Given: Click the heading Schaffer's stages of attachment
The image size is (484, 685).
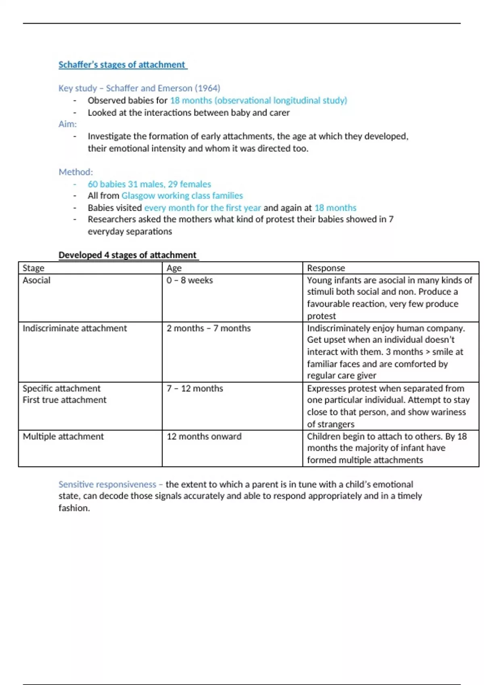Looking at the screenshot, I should tap(122, 64).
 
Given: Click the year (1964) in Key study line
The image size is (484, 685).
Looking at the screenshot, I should tap(207, 88).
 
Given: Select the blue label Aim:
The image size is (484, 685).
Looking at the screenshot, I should tap(67, 124).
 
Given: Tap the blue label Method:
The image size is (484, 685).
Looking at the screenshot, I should tap(76, 172).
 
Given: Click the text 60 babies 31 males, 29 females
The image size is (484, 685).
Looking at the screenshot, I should tap(149, 184).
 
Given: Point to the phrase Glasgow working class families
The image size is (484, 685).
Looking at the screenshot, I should tap(182, 196).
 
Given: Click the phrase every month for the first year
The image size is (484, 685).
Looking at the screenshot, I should tap(202, 208).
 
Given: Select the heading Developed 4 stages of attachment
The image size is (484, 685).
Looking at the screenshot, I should tap(127, 255).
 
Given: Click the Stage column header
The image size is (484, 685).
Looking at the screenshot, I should tap(33, 268).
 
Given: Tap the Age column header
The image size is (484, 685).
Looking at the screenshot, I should tap(174, 268).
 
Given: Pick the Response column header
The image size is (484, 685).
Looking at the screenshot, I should tap(326, 268).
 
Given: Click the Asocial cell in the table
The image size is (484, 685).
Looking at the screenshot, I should tap(36, 280).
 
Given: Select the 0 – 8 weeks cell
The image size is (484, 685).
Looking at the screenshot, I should tap(190, 280).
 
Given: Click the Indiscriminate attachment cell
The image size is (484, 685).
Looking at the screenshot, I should tap(75, 328).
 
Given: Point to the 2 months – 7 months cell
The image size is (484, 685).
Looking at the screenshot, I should tap(209, 328).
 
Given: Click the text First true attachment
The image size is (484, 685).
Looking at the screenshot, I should tap(65, 400).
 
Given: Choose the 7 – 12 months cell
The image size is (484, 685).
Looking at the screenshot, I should tap(195, 388).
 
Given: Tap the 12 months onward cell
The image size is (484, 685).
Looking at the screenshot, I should tap(204, 436).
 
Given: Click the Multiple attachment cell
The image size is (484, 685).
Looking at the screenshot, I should tap(63, 436).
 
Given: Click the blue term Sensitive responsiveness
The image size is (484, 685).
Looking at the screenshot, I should tap(107, 484).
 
